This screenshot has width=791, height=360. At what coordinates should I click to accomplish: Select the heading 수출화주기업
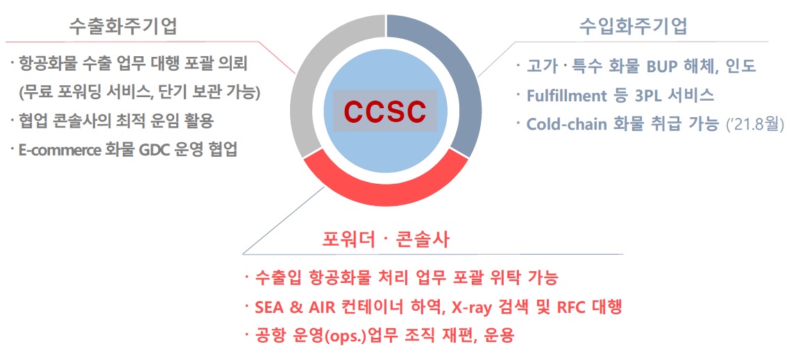pos(123,26)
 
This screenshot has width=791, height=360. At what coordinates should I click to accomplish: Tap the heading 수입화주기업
pos(633,26)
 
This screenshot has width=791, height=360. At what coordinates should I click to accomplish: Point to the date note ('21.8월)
pos(754,125)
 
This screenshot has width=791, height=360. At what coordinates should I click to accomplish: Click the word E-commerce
pos(56,150)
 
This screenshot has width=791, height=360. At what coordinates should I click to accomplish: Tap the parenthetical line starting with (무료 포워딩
pos(139,93)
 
